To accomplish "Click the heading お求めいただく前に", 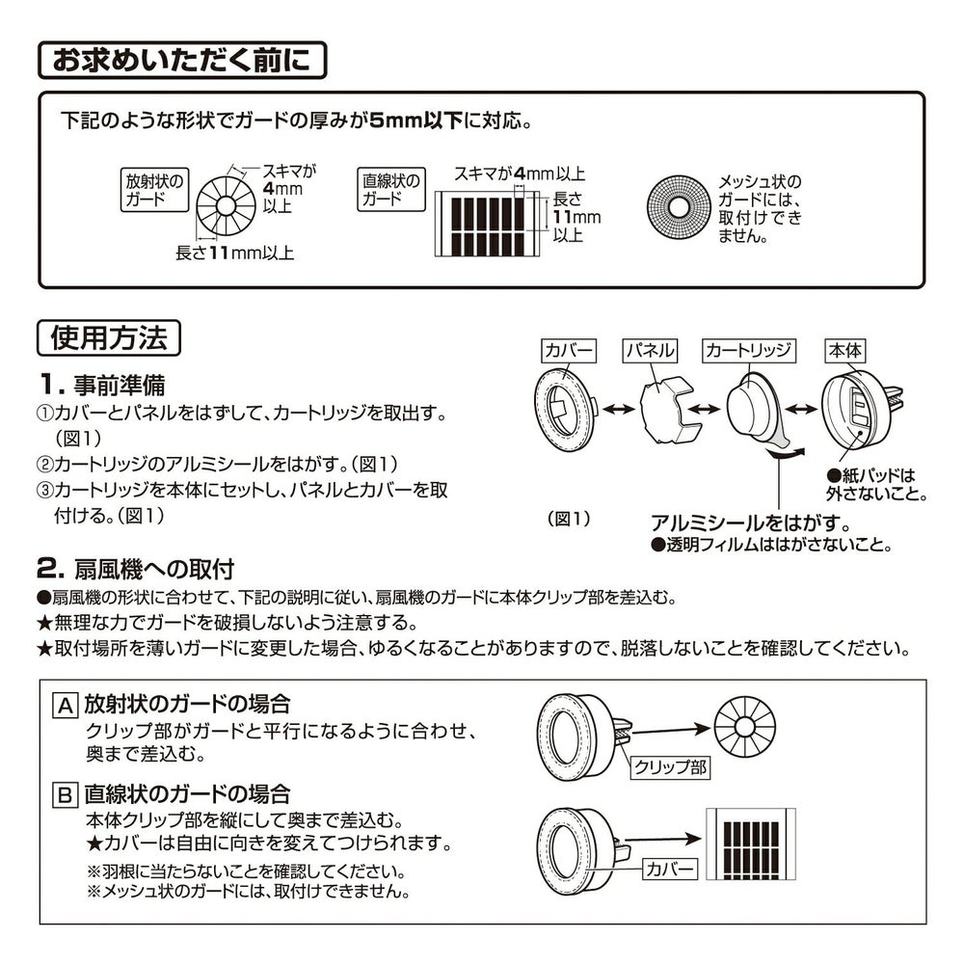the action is (x=182, y=60).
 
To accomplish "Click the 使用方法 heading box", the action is (x=109, y=337).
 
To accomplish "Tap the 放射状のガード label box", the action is (x=154, y=190).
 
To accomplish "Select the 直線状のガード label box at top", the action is (x=391, y=190).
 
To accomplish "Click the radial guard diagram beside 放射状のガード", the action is (x=226, y=206).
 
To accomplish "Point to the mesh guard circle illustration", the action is (x=678, y=208).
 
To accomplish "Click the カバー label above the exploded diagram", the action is (x=569, y=351).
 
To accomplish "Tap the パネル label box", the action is (x=649, y=351).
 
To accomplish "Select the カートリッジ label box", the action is (x=749, y=351).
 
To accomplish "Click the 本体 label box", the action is (x=844, y=351).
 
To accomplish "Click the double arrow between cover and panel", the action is (x=619, y=409).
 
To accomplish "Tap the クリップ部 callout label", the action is (x=671, y=766).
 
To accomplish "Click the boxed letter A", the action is (x=66, y=706).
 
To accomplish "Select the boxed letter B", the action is (x=66, y=795).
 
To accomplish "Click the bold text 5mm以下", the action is (x=416, y=120).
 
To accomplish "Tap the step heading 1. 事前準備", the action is (x=102, y=385).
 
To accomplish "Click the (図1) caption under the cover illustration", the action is (x=569, y=519).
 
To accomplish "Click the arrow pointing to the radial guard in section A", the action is (x=671, y=731).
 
